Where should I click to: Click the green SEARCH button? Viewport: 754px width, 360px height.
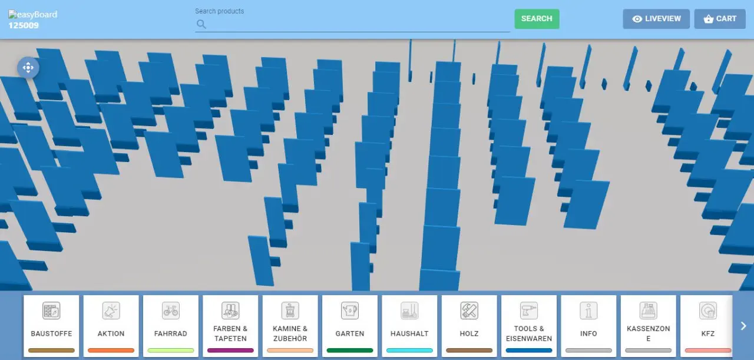537,19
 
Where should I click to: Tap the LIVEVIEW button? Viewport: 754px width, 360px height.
656,19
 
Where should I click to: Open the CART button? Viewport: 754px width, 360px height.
720,19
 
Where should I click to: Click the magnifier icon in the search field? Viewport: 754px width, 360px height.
201,24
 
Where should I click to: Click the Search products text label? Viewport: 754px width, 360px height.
219,11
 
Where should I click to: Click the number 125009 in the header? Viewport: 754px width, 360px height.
24,25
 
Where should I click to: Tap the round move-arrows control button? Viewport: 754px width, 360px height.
28,68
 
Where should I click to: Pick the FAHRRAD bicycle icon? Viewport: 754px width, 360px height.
171,311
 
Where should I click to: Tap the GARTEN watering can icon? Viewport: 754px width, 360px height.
350,311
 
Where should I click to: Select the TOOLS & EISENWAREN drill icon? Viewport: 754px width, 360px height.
529,311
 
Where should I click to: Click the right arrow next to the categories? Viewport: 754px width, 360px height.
743,326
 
